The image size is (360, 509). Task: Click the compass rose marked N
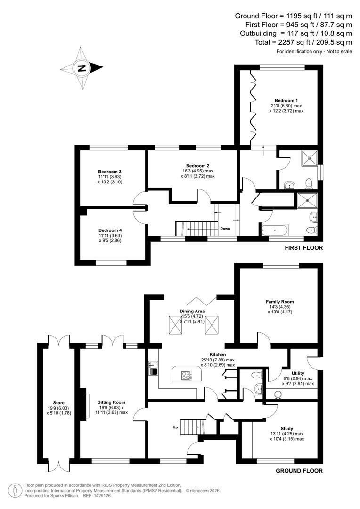coord(82,68)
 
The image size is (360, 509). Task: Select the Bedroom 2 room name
coord(197,166)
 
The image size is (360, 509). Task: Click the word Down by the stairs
coord(225,229)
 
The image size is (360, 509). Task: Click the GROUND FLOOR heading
coord(299,471)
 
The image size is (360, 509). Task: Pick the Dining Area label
coord(192,312)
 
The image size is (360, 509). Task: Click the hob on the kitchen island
coord(187,376)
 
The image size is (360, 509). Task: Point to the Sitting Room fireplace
coord(86,403)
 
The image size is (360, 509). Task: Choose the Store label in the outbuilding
coord(58,403)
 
